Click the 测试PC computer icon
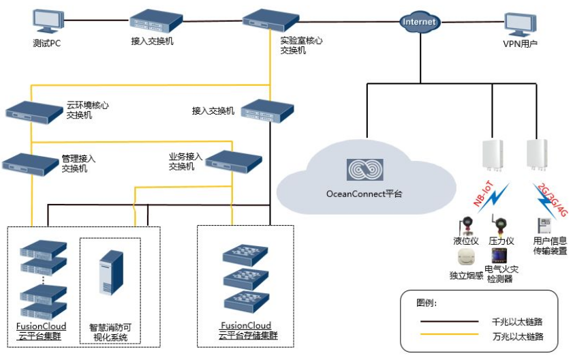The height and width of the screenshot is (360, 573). (x=46, y=21)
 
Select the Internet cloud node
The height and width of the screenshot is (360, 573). (x=419, y=22)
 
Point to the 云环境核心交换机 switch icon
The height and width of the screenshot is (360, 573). (x=32, y=109)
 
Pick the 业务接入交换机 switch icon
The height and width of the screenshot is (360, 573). (x=233, y=161)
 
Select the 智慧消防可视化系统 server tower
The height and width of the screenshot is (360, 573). (x=111, y=273)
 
